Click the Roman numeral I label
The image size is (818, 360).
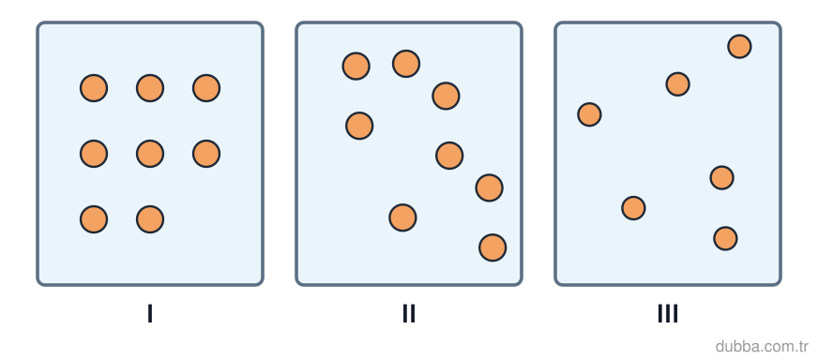click(150, 313)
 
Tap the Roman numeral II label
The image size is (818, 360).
click(409, 313)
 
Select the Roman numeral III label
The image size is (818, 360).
click(668, 313)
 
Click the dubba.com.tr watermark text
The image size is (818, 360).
click(762, 346)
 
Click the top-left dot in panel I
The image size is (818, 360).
click(94, 88)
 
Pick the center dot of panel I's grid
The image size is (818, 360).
click(150, 154)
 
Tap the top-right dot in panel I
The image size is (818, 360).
click(206, 88)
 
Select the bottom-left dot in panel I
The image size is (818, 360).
click(94, 219)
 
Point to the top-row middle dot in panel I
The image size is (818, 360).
click(150, 88)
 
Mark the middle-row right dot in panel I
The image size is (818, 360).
click(206, 154)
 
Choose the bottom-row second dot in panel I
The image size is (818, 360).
click(150, 219)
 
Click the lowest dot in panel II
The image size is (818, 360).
click(492, 247)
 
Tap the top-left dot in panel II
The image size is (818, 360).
click(356, 67)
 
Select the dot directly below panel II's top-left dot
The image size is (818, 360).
click(359, 126)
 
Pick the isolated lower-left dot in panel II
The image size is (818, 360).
click(402, 217)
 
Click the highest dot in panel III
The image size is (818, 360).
click(740, 47)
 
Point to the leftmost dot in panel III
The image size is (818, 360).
click(589, 114)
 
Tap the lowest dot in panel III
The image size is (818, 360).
click(726, 238)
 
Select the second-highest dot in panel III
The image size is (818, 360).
click(678, 84)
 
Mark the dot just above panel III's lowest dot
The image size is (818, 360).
click(722, 178)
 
